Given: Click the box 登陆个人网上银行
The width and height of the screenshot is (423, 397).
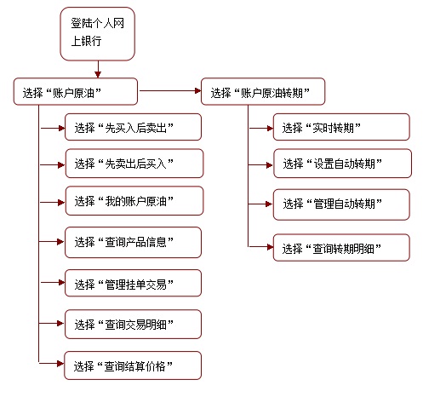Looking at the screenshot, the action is [x=97, y=34].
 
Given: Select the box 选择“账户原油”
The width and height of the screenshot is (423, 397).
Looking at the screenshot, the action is [x=76, y=91].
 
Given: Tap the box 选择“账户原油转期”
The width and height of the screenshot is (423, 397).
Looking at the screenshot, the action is [x=263, y=91].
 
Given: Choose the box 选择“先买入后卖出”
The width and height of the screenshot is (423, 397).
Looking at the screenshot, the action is [x=134, y=127].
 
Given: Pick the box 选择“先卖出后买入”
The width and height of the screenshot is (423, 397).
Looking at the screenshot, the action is [x=134, y=164].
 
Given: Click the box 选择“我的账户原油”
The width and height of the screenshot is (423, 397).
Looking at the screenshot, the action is [x=134, y=201].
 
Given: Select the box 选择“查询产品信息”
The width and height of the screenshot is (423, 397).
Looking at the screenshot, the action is [x=134, y=242].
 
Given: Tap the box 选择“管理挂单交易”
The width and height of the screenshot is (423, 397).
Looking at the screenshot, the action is [x=134, y=283].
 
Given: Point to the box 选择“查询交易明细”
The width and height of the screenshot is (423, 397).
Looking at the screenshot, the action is [x=134, y=325].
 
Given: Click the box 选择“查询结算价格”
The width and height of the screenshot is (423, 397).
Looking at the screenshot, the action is [x=133, y=365].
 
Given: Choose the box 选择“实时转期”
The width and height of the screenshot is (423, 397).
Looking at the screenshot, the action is [x=341, y=127].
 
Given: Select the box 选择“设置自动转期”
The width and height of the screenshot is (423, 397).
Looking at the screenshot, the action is [x=343, y=164].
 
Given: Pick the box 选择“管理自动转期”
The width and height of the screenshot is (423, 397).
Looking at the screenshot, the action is [x=341, y=204].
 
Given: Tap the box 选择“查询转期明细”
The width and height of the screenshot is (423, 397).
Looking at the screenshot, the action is [x=341, y=247].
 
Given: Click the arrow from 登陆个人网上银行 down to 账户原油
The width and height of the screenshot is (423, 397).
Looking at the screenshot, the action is [x=98, y=69].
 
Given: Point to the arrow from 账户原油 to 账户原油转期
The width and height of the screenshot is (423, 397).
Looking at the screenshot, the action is [x=170, y=91].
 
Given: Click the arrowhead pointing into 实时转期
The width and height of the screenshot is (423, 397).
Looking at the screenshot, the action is [x=270, y=129].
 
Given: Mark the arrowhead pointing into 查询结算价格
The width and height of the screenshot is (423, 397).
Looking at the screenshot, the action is [x=60, y=364].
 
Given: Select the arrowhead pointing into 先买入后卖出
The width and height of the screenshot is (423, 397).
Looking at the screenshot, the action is [x=62, y=129].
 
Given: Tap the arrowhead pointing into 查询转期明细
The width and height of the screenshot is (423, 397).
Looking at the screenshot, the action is [x=270, y=247].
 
